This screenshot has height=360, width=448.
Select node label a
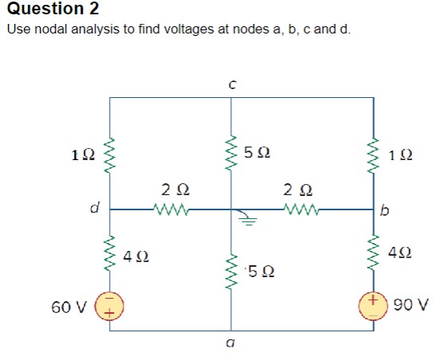coord(230,343)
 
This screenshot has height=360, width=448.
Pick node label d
coord(93,209)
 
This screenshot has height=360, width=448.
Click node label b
coord(386,210)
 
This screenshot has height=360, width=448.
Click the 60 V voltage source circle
coord(110,305)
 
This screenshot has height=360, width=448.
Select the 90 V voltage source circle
coord(373,305)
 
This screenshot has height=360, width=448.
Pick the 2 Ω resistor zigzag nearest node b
coord(301,210)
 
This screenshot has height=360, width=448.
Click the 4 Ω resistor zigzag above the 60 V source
coord(110,253)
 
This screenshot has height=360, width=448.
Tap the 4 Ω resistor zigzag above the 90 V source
coord(373,253)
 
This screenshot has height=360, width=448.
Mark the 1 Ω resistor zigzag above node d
coord(110,154)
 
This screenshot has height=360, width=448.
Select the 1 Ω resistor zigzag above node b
coord(373,154)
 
